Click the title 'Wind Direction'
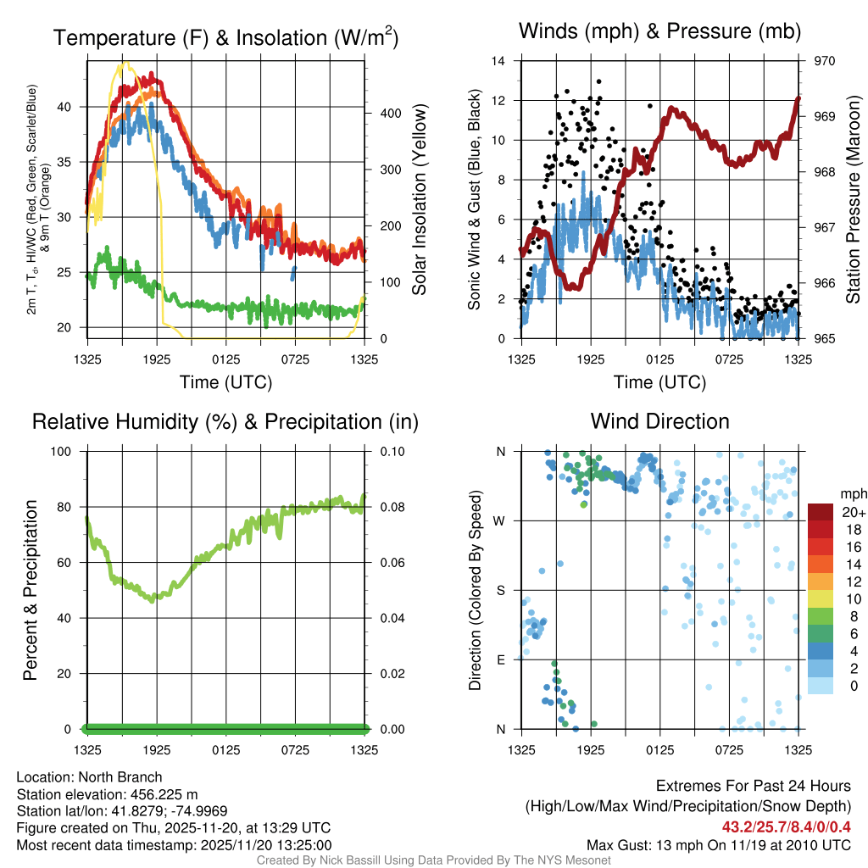659,421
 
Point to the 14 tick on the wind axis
498,61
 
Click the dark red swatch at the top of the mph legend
821,512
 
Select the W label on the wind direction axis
501,520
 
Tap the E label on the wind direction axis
501,659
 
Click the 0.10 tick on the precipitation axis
391,451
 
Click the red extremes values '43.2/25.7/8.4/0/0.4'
786,827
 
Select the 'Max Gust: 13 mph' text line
718,845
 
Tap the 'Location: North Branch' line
89,777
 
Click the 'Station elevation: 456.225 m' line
107,794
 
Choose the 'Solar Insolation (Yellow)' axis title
419,199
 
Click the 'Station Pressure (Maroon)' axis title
854,199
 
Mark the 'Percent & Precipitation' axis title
30,590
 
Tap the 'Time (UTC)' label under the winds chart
660,382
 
